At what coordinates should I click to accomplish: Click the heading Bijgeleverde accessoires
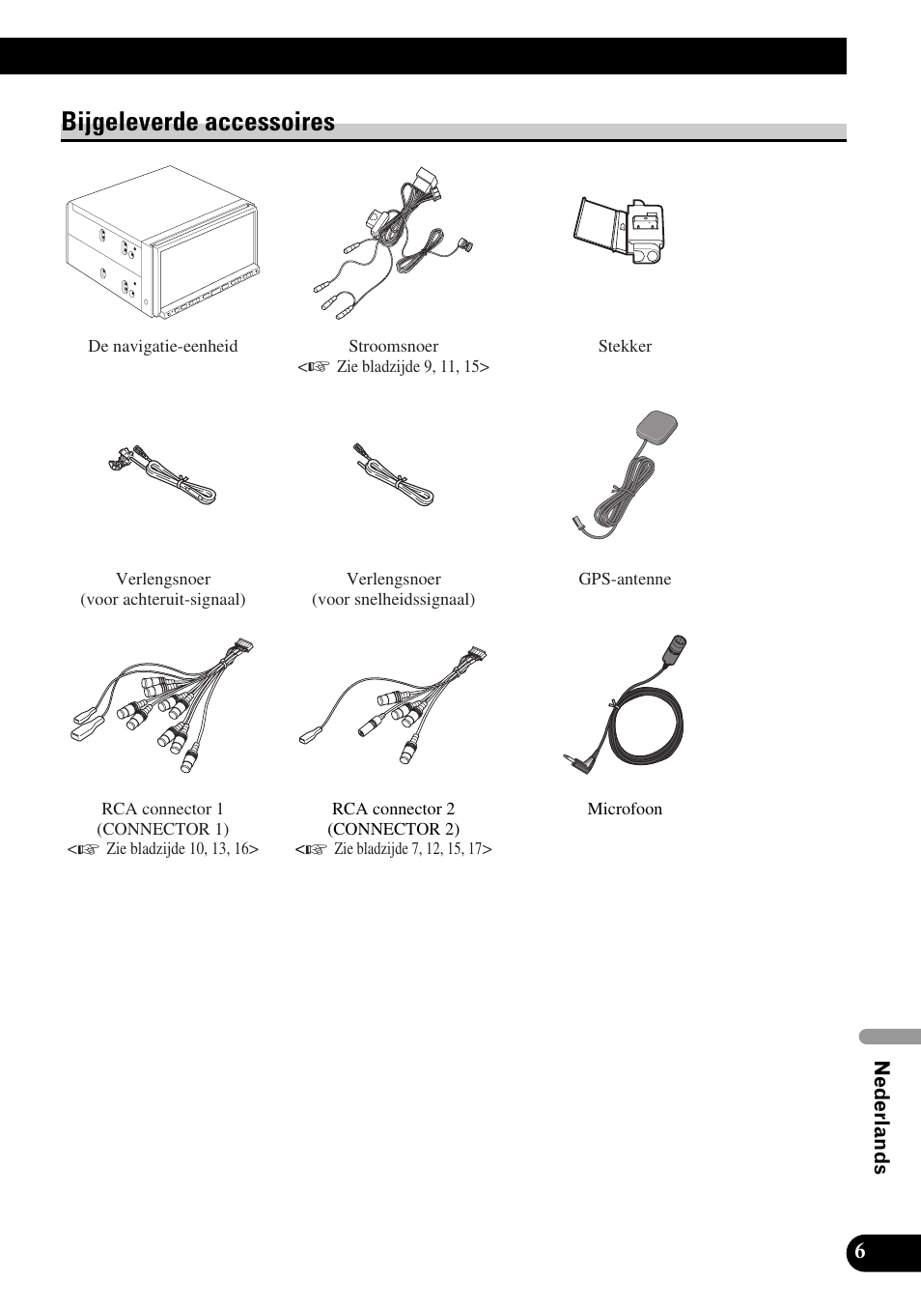click(198, 122)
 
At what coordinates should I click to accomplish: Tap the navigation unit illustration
click(162, 242)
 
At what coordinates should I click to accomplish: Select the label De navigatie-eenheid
click(163, 346)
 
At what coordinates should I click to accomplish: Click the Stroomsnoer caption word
click(394, 346)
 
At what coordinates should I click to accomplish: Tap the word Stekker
click(625, 346)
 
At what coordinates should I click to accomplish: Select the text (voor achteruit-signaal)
click(163, 599)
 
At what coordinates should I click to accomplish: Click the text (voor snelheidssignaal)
click(394, 599)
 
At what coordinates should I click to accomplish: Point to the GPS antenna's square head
click(658, 425)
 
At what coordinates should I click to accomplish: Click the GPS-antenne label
click(625, 579)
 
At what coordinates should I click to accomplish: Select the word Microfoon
click(625, 809)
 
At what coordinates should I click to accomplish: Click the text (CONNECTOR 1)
click(163, 829)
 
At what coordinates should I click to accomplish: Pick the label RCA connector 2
click(394, 809)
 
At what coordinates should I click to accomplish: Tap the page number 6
click(860, 1251)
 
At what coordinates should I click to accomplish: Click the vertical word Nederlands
click(880, 1117)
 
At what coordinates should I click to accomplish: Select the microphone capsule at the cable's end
click(677, 647)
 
